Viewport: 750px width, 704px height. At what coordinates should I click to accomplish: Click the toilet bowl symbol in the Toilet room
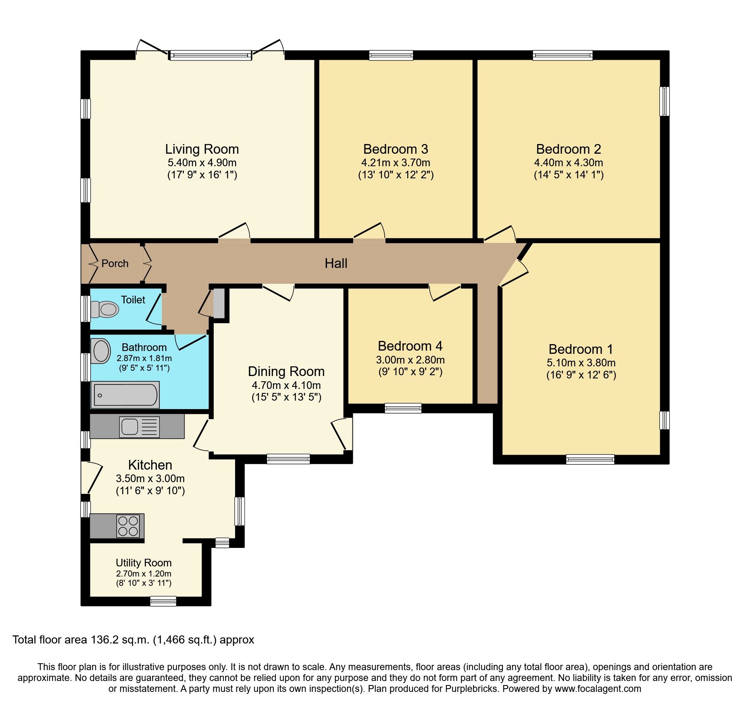point(105,309)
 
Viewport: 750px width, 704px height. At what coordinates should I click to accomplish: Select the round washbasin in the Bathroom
point(101,351)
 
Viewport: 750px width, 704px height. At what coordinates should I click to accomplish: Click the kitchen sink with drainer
point(139,427)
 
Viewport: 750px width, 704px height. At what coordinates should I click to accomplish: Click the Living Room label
point(202,149)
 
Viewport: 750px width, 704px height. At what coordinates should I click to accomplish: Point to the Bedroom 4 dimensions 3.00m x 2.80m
point(410,360)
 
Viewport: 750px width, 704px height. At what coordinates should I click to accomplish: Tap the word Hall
point(336,263)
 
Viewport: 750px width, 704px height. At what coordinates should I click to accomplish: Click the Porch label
point(115,263)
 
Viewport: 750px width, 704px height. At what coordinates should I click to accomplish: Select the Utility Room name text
point(144,563)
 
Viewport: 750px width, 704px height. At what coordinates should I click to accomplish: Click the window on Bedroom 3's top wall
point(391,55)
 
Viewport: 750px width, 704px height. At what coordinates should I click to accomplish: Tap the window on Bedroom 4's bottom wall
point(403,408)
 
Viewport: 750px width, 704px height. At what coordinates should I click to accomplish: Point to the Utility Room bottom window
point(163,602)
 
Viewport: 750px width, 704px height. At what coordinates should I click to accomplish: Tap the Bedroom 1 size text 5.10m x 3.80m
point(581,363)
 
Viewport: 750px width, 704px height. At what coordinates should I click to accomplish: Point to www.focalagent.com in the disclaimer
point(598,689)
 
